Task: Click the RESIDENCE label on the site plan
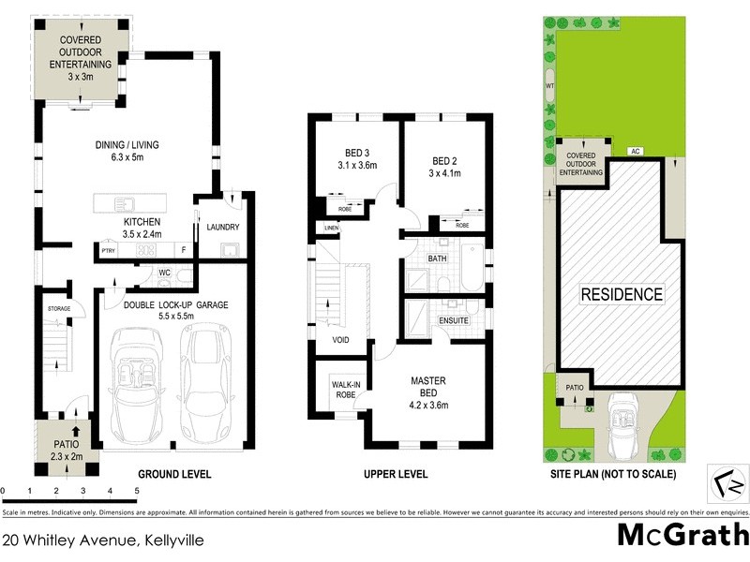pyautogui.click(x=622, y=294)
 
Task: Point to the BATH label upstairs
pyautogui.click(x=437, y=259)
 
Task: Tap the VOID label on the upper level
pyautogui.click(x=340, y=340)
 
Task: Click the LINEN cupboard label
pyautogui.click(x=331, y=229)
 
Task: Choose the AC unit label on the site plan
pyautogui.click(x=635, y=151)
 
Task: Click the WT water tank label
pyautogui.click(x=550, y=86)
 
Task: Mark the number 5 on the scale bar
pyautogui.click(x=137, y=491)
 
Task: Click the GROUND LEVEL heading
pyautogui.click(x=174, y=474)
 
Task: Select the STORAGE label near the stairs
pyautogui.click(x=60, y=308)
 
